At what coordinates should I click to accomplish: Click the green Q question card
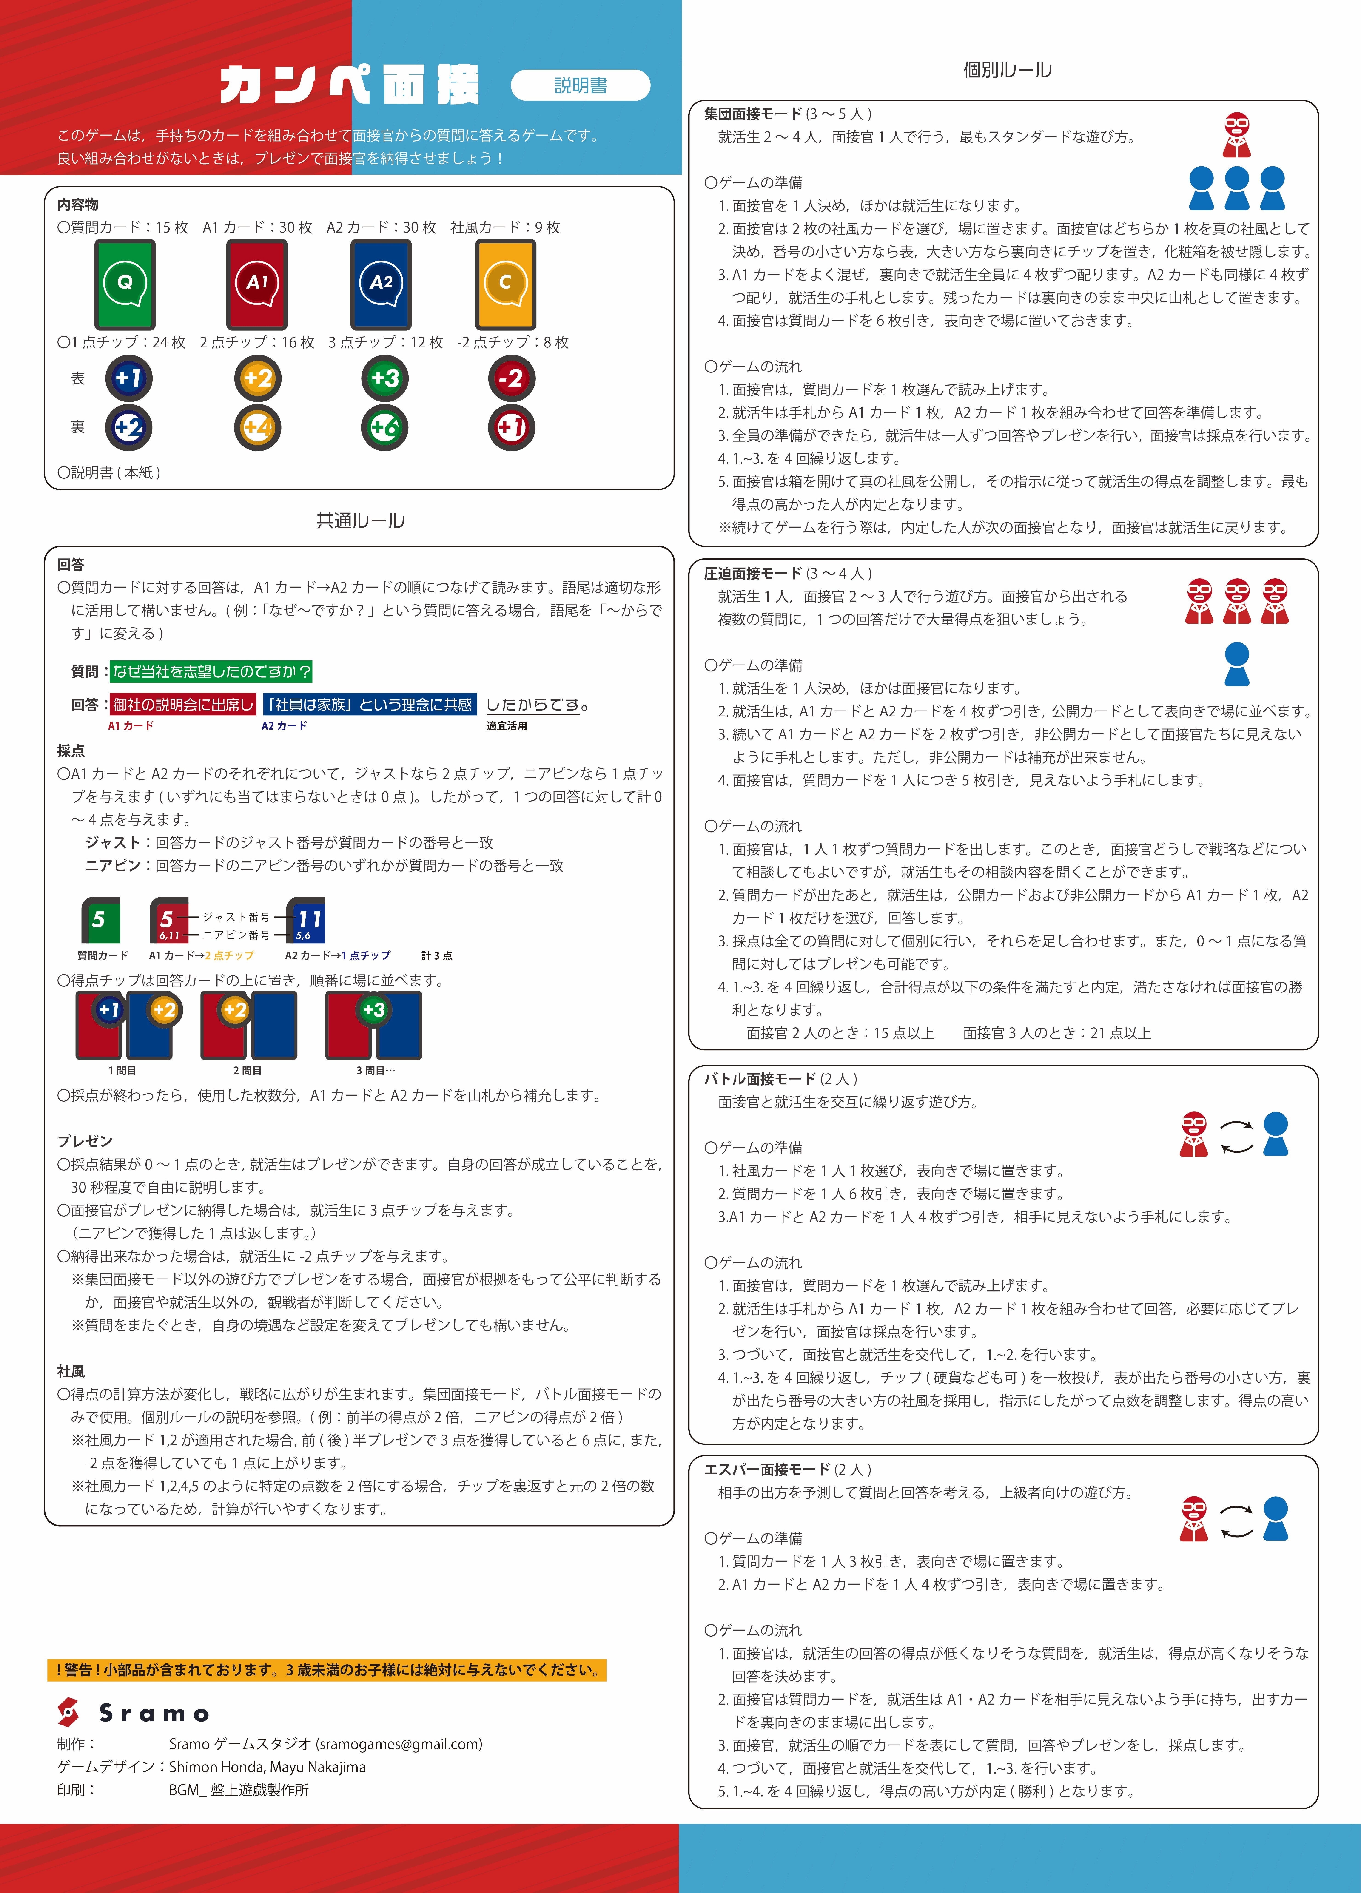pos(124,284)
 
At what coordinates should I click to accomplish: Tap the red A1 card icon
pos(256,284)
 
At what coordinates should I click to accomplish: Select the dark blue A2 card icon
pos(381,284)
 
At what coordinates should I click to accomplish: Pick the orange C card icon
pos(505,284)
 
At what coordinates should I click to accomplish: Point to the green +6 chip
pos(385,427)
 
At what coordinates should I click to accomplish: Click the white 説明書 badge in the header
pos(580,85)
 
